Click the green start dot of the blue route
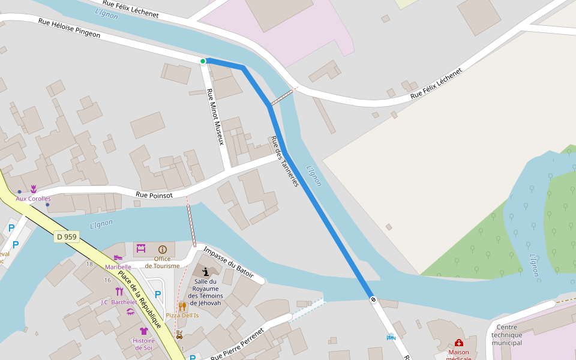203,61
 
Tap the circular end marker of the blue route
373,299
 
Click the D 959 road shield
67,237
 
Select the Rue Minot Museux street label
215,117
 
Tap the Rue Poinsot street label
154,195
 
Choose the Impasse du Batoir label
228,261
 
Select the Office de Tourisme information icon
163,249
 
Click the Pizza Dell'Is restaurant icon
182,306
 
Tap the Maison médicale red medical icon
459,343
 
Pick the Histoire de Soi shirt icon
144,331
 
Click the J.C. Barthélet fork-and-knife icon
119,292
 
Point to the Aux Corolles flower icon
34,188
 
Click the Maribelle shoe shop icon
118,258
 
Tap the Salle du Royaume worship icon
206,271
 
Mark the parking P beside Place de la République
158,295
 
